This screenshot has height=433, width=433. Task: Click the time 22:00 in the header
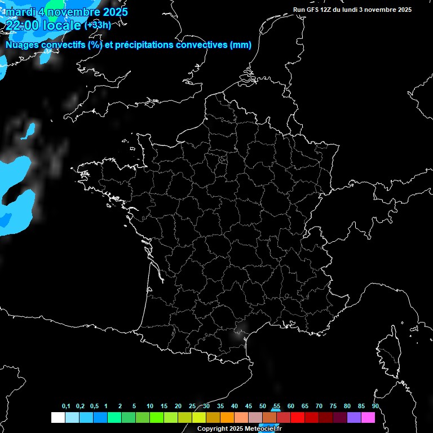(21, 25)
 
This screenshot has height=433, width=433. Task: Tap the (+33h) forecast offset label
(98, 25)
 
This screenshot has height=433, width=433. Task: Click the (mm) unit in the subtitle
(241, 45)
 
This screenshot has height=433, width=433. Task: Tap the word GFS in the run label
(313, 10)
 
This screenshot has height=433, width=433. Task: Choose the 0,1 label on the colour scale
(66, 407)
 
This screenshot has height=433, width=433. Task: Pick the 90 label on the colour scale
(375, 407)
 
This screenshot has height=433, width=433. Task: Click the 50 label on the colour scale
(263, 407)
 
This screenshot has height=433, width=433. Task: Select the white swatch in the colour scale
(58, 418)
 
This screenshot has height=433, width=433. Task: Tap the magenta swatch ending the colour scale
(368, 418)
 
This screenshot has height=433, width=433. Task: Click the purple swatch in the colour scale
(354, 418)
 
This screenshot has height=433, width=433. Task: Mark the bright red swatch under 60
(298, 418)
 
